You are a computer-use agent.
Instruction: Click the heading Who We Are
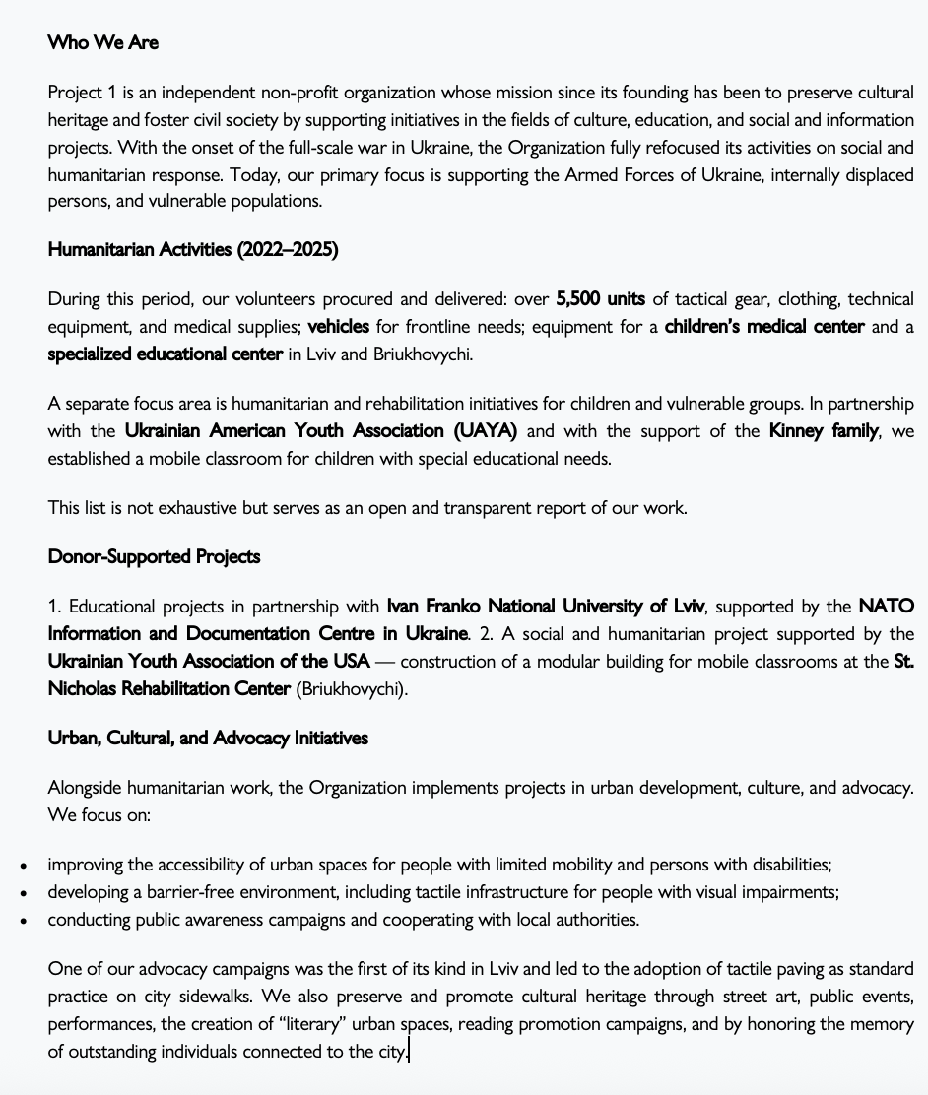[102, 43]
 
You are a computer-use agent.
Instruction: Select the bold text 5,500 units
[600, 298]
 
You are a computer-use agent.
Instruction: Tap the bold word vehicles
[339, 326]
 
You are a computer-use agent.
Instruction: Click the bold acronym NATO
[886, 605]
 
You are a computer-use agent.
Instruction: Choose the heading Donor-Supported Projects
[154, 556]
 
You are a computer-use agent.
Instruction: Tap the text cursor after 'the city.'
[409, 1052]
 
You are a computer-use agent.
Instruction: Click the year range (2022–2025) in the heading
[287, 250]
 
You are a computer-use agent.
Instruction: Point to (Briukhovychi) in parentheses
[352, 688]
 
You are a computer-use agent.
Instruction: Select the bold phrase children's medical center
[764, 326]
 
